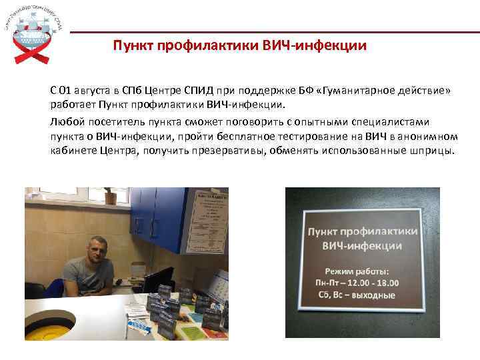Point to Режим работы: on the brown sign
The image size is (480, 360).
[x=357, y=271]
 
